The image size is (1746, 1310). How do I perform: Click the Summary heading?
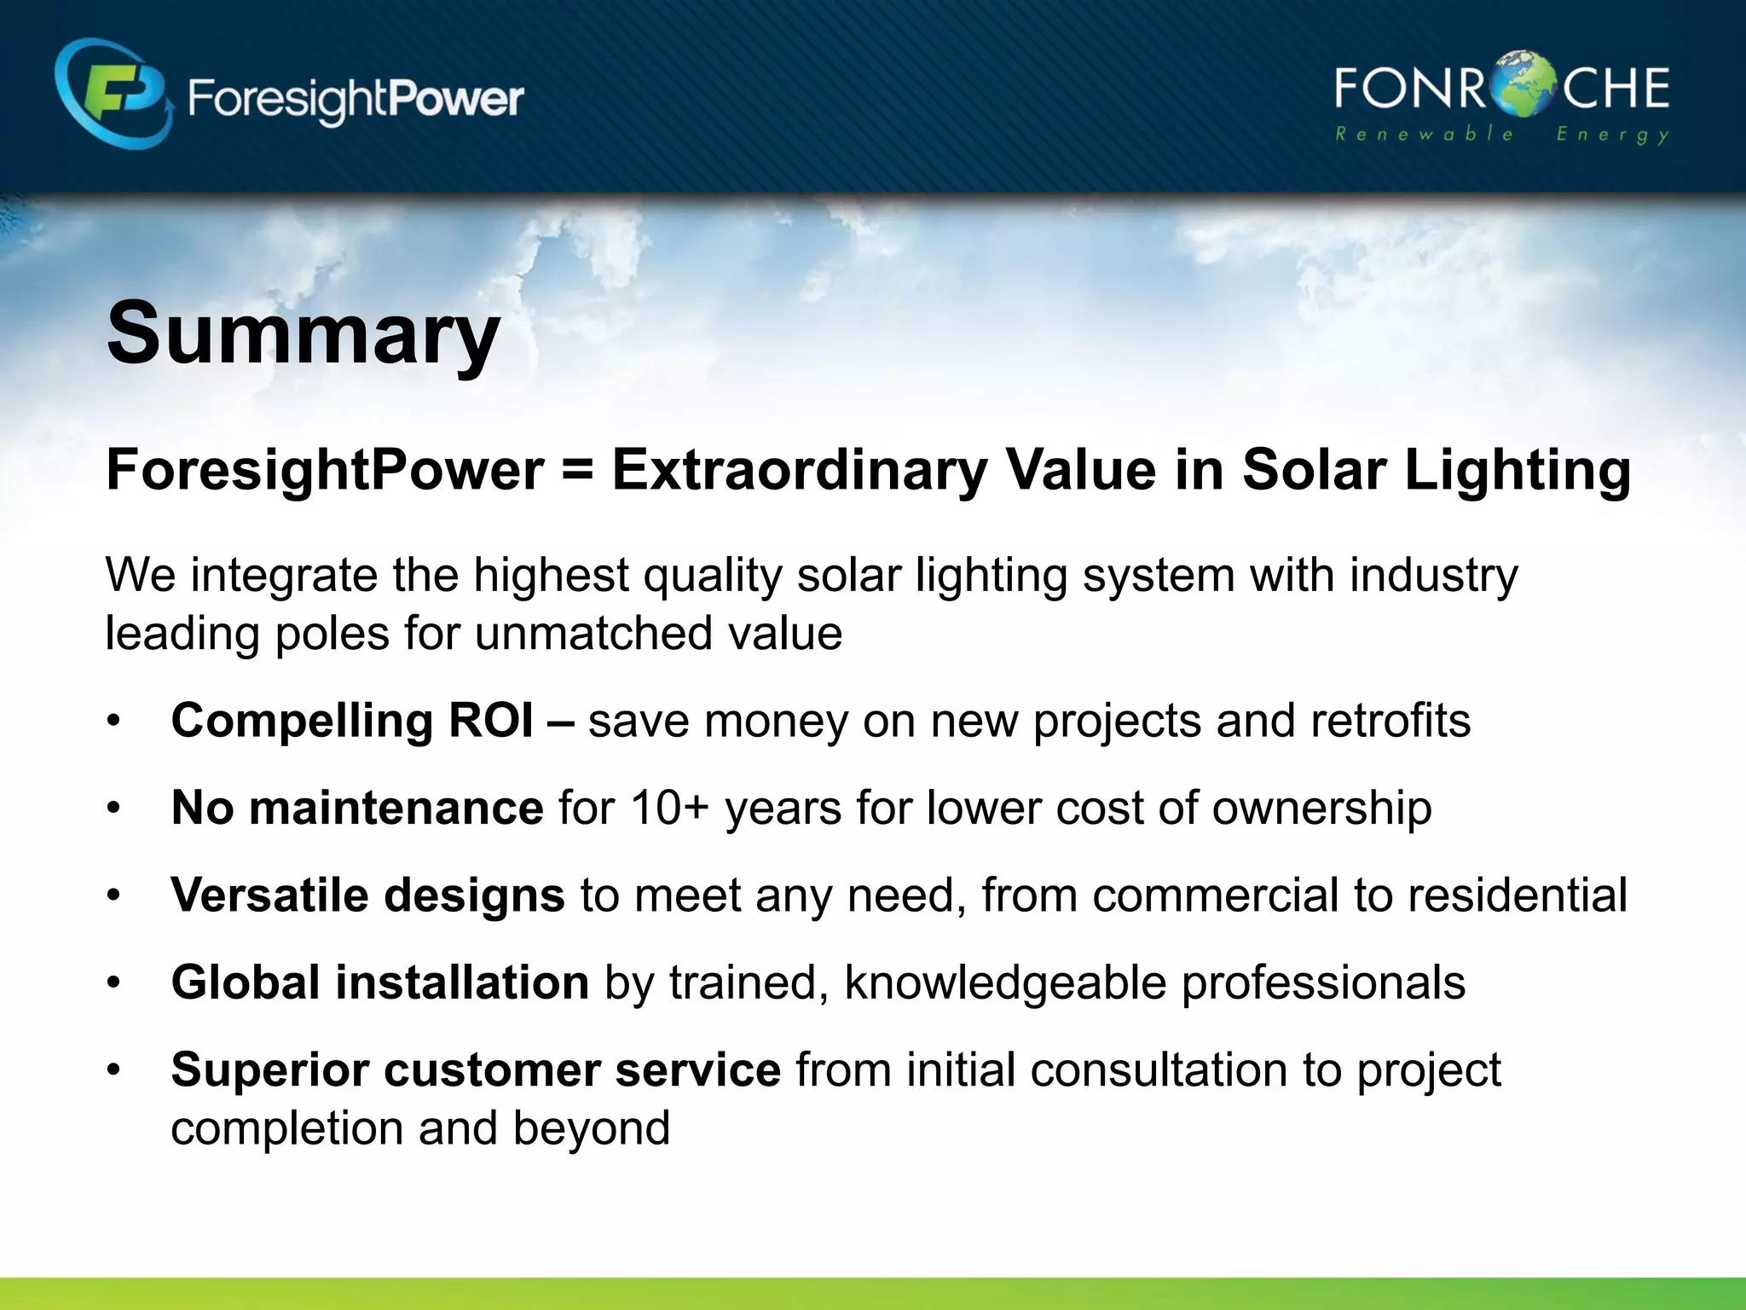[x=303, y=334]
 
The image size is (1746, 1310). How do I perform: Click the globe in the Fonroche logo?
[x=1523, y=85]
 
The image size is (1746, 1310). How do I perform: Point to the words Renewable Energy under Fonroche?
[x=1501, y=135]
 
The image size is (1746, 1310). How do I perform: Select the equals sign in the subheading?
[x=578, y=470]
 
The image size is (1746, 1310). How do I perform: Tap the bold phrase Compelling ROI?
[x=352, y=721]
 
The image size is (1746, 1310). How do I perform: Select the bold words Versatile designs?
[x=367, y=895]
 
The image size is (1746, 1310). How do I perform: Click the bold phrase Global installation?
[x=379, y=982]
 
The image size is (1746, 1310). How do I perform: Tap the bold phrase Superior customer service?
[x=476, y=1069]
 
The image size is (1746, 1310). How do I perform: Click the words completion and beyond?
[x=420, y=1127]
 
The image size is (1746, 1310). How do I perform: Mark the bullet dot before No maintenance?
[x=114, y=809]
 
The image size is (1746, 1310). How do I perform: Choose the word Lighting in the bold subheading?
[x=1517, y=470]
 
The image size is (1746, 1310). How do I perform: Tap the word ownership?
[x=1321, y=808]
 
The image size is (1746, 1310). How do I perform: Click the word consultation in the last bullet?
[x=1159, y=1069]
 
